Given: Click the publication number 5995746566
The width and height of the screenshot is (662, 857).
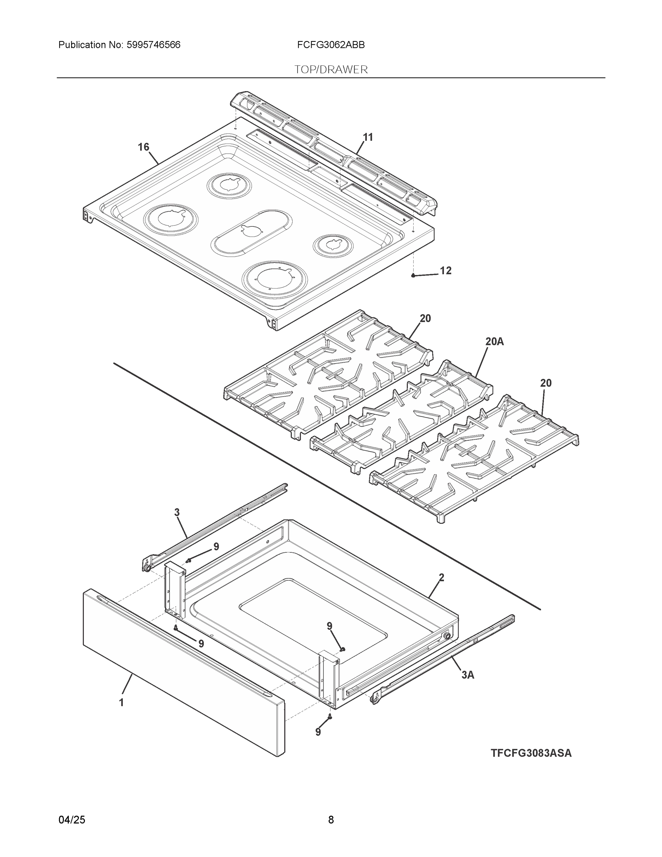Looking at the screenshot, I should click(x=153, y=45).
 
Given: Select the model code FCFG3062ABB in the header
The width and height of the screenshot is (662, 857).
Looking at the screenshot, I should click(x=330, y=45).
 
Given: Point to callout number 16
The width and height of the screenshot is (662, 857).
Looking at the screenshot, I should click(x=143, y=147).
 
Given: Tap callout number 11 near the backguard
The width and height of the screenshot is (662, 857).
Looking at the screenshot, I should click(x=368, y=137).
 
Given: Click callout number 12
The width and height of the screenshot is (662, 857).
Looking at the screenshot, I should click(x=445, y=270).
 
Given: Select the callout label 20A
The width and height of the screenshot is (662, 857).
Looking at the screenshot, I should click(x=494, y=341).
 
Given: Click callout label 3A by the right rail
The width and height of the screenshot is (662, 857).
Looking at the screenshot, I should click(x=468, y=675).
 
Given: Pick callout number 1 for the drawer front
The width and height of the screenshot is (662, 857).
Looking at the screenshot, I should click(x=122, y=702).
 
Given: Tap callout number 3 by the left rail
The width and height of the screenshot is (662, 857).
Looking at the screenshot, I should click(x=177, y=512).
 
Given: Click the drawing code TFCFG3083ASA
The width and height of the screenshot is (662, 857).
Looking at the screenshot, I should click(x=531, y=753).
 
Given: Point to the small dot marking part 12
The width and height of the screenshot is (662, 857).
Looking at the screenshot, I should click(x=413, y=275).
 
